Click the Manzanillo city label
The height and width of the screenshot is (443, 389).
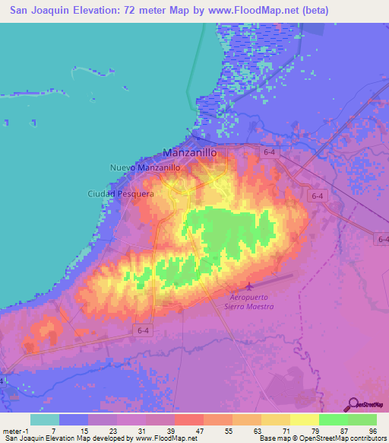[x=190, y=152]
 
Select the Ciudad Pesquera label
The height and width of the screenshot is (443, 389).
[x=120, y=194]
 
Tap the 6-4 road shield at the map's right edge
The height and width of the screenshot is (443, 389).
[x=383, y=239]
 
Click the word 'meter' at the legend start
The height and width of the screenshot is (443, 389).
[x=12, y=430]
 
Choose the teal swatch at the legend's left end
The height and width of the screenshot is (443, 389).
[x=45, y=419]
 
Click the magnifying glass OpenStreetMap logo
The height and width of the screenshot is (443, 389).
[x=353, y=403]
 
